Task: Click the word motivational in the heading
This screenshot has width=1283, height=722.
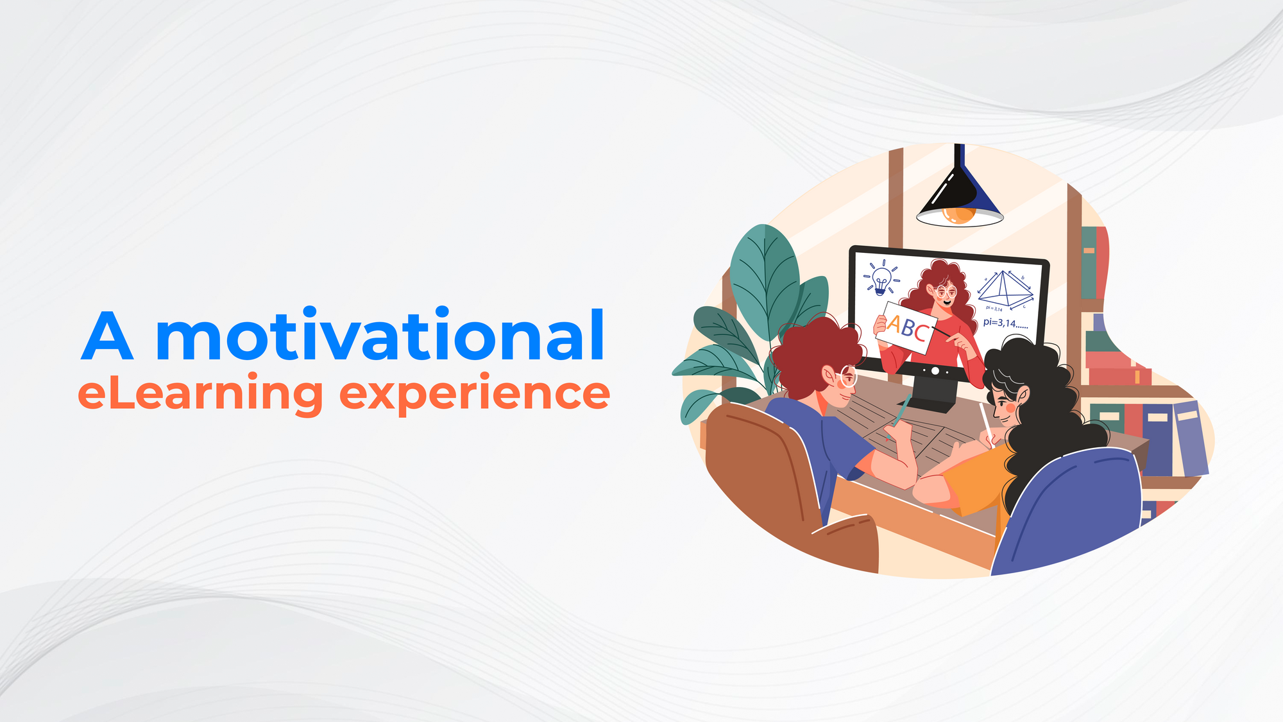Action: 380,336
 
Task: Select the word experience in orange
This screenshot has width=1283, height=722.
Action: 474,395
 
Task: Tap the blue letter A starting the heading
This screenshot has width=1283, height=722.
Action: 108,336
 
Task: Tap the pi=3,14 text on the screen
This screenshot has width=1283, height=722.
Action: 1005,323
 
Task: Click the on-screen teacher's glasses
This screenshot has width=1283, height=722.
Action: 946,293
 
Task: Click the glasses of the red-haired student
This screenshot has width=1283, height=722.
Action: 848,377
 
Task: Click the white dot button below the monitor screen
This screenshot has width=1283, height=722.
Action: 935,371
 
